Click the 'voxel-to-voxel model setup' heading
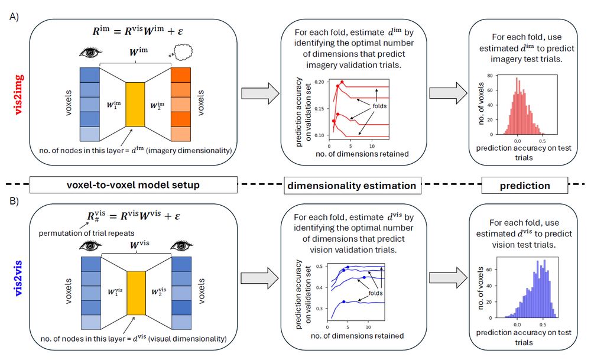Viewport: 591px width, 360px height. pyautogui.click(x=133, y=185)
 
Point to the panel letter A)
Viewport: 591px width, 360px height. pyautogui.click(x=16, y=17)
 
